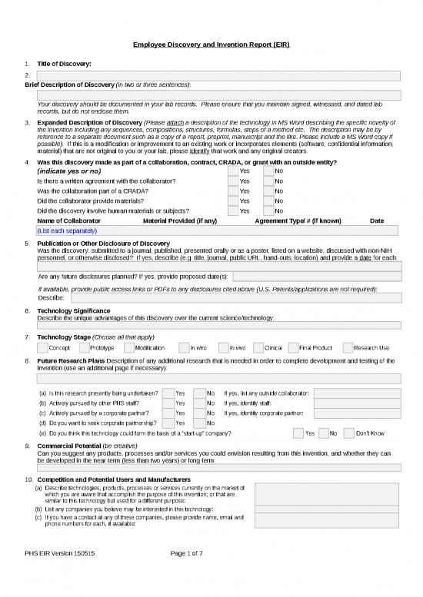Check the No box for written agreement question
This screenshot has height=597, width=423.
coord(268,181)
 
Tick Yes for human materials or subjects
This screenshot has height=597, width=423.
coord(232,211)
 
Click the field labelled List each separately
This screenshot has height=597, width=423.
coord(218,231)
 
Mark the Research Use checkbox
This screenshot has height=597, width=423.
coord(348,347)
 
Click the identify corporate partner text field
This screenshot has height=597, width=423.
coord(357,413)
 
